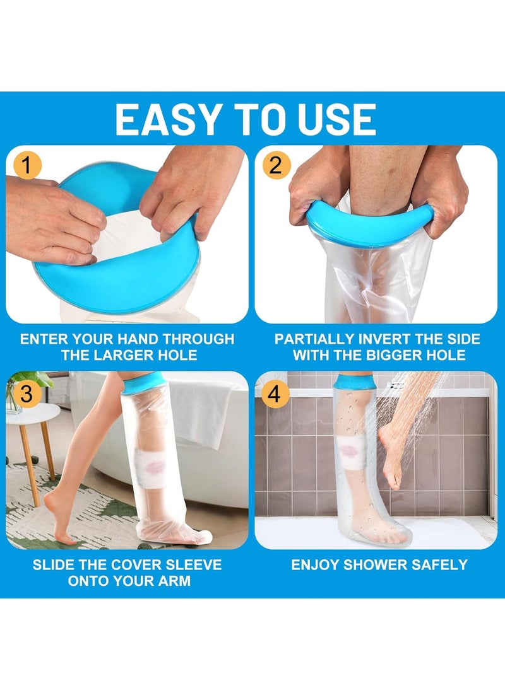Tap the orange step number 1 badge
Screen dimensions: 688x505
[27, 166]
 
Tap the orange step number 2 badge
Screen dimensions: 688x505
[276, 166]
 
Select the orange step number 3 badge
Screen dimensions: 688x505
[27, 394]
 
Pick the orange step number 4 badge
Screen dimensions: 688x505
[276, 394]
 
